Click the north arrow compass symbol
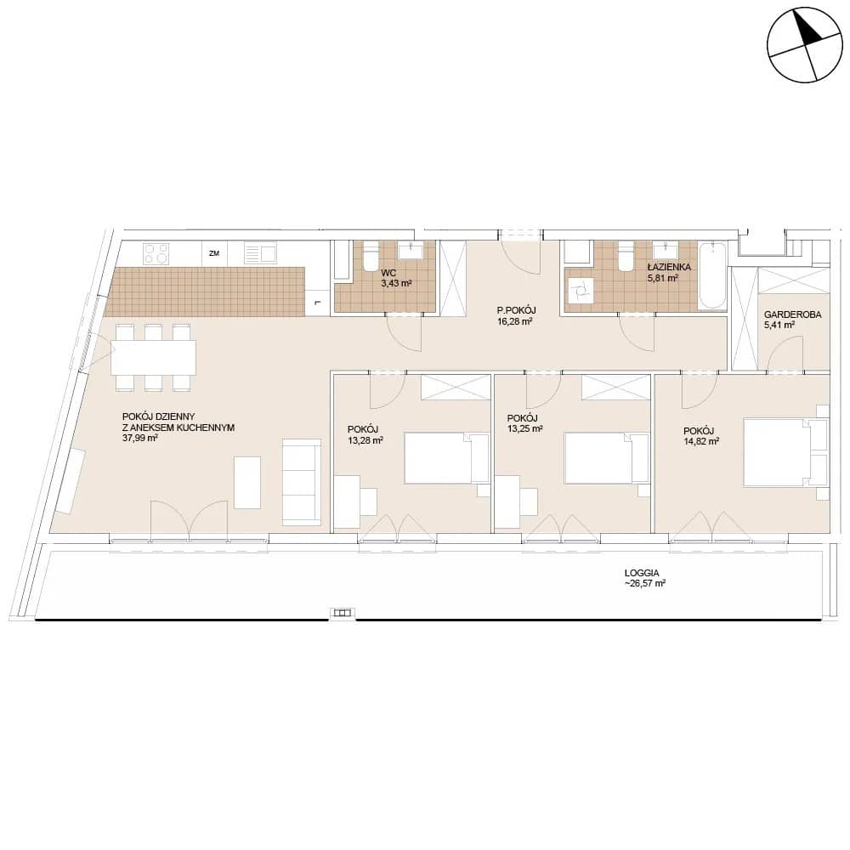click(805, 45)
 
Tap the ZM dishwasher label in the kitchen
click(214, 253)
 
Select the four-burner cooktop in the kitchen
click(156, 253)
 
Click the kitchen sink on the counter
click(260, 253)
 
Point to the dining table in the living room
click(153, 357)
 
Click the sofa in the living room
click(302, 482)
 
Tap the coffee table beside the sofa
click(247, 483)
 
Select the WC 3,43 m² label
click(396, 278)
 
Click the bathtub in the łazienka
click(711, 276)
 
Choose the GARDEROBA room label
click(792, 314)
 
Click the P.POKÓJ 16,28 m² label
click(516, 315)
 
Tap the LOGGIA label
click(642, 572)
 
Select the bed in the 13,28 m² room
click(447, 458)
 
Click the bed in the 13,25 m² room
click(607, 458)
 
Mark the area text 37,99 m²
click(140, 438)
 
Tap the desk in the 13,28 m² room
click(347, 502)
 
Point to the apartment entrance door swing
click(520, 258)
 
